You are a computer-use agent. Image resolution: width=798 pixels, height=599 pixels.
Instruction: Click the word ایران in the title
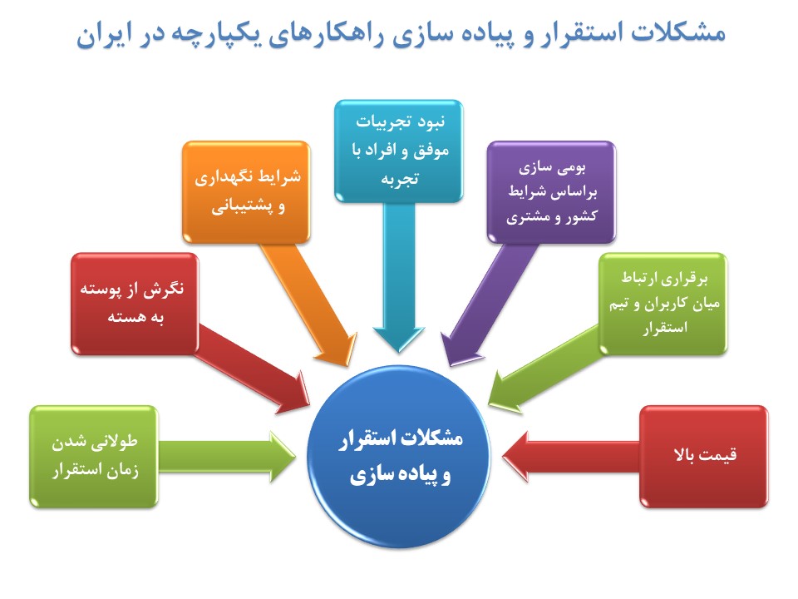click(100, 35)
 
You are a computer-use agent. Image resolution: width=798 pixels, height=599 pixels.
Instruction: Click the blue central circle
click(398, 457)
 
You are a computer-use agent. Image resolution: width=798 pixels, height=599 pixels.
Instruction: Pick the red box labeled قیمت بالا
click(703, 457)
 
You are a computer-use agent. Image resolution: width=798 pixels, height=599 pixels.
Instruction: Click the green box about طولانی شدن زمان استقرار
click(94, 457)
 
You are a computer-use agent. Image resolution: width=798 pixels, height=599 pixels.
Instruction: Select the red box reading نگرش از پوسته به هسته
click(135, 304)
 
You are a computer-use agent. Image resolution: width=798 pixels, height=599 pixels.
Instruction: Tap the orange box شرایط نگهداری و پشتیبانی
click(246, 192)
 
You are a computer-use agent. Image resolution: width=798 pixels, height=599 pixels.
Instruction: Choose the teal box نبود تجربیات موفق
click(398, 151)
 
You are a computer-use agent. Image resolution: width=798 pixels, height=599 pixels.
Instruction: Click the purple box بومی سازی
click(551, 192)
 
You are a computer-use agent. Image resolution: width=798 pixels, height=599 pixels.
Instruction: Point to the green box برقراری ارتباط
click(663, 304)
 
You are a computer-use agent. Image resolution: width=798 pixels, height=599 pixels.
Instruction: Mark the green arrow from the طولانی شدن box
click(227, 457)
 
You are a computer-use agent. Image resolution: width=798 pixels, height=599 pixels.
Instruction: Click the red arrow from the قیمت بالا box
click(570, 457)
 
